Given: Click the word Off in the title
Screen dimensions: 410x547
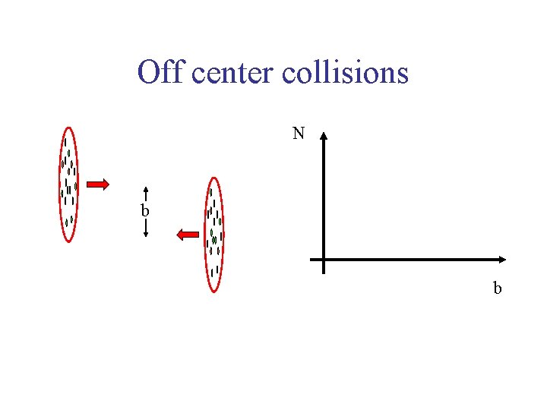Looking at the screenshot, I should point(162,73).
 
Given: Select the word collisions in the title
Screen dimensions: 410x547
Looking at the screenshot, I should point(346,73).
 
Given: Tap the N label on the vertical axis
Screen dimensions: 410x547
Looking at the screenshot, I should point(299,134).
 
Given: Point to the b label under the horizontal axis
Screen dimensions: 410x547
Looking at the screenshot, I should point(498,288).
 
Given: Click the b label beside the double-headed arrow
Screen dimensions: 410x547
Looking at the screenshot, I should point(144,210).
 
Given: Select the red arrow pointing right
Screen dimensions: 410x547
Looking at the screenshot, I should point(97,184).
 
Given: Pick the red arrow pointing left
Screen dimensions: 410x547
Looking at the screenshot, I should point(187,235).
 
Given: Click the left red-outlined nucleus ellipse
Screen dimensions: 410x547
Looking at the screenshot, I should point(69,184).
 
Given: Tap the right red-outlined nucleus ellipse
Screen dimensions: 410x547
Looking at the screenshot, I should point(215,235).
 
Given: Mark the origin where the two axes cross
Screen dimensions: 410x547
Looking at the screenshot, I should point(324,260).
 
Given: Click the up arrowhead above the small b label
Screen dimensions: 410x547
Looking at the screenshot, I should point(145,190).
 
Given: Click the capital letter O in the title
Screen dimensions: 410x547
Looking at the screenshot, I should point(149,73).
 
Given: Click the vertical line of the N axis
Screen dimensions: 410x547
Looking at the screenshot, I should point(324,197).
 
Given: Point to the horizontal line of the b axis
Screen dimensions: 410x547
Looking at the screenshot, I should point(410,260).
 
